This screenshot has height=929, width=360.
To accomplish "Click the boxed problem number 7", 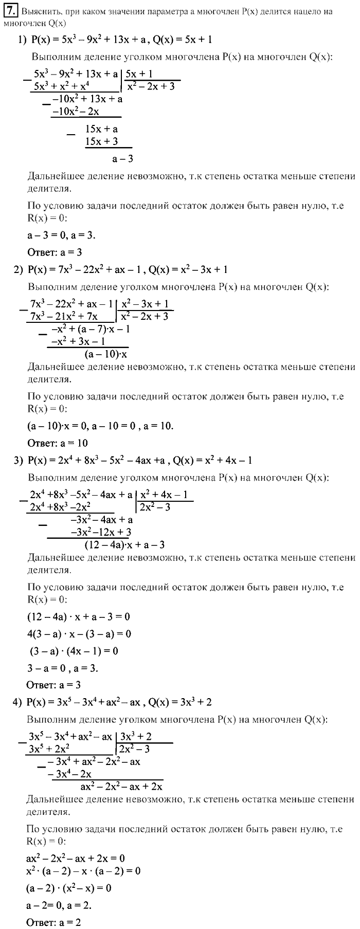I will [10, 11].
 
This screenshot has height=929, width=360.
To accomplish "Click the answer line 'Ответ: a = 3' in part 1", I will [55, 252].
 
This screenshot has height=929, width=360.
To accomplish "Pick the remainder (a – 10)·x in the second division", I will [106, 354].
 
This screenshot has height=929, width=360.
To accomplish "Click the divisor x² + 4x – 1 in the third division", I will [164, 495].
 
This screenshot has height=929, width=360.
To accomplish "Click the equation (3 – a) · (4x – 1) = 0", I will [72, 651].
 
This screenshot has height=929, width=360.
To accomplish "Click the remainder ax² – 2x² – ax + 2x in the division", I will [122, 786].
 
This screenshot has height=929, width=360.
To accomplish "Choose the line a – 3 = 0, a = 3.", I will [61, 235].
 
